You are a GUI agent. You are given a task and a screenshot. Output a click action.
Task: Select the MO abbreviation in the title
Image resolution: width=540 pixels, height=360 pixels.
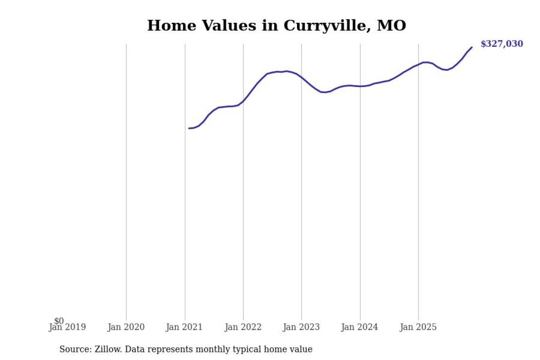click(x=391, y=25)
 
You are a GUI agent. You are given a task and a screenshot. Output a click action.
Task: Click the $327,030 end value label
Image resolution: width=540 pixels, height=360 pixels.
click(x=502, y=44)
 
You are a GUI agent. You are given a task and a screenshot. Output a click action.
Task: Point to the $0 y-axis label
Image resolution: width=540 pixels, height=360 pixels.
click(x=59, y=321)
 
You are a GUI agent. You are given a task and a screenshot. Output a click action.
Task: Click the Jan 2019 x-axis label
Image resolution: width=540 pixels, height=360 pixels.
click(x=67, y=327)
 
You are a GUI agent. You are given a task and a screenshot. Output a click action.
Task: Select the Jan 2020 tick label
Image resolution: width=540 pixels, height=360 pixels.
click(x=126, y=327)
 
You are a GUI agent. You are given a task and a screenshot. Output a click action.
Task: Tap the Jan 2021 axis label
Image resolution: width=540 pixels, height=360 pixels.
click(x=185, y=327)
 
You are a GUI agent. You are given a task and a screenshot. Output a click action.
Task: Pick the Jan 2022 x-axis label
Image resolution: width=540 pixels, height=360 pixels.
click(x=243, y=327)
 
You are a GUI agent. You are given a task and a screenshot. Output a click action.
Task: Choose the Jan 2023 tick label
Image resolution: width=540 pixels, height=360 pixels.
click(x=301, y=327)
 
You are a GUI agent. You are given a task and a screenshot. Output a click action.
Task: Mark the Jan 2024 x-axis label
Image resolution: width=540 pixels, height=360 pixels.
click(x=360, y=327)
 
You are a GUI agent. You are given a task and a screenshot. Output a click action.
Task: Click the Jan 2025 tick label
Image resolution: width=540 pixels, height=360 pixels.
click(x=418, y=327)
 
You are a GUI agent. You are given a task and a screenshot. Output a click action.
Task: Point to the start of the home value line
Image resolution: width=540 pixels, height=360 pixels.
click(x=189, y=128)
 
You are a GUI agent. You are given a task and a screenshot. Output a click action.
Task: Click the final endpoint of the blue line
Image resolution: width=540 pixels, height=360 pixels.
click(x=472, y=47)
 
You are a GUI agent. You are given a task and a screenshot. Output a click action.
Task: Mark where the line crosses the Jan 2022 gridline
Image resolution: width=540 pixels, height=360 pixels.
click(x=243, y=101)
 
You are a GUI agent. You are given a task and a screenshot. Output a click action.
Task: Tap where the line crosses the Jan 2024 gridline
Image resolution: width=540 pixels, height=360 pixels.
click(x=360, y=86)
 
